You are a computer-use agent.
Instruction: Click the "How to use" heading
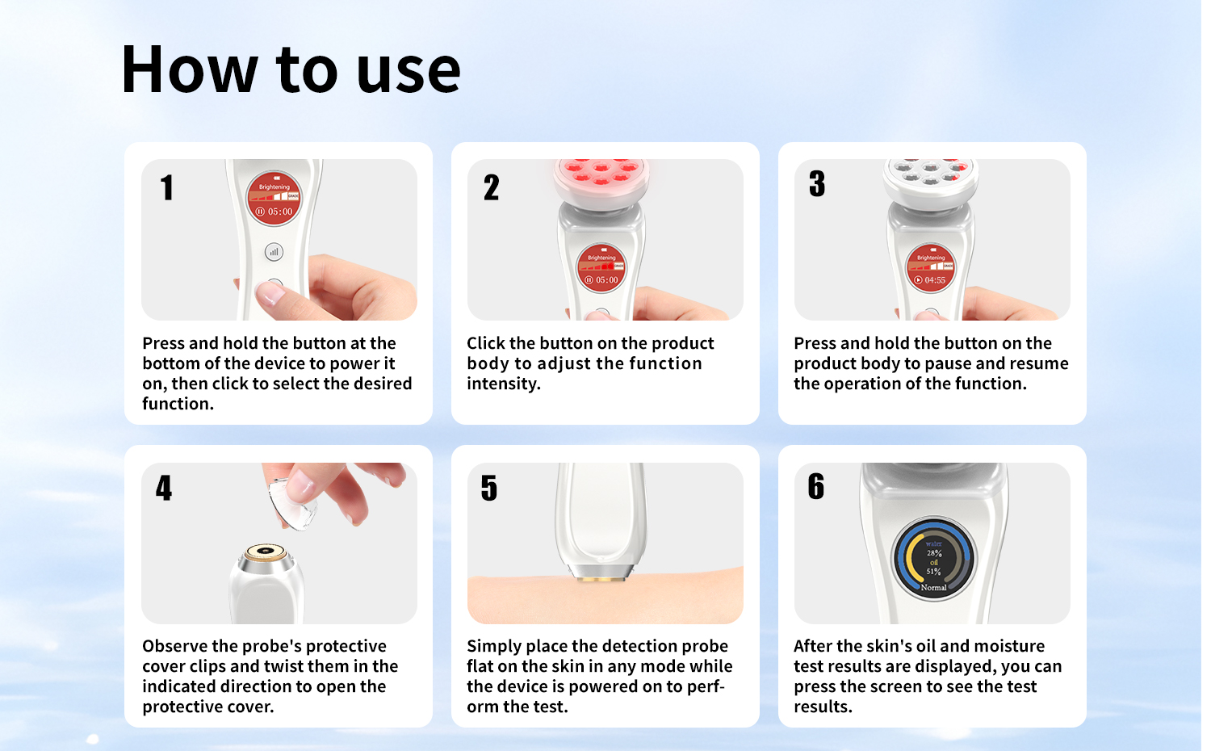291,69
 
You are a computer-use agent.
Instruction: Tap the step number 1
167,187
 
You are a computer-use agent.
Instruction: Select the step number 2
491,187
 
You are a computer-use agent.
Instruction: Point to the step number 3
817,183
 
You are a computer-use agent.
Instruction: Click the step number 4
164,488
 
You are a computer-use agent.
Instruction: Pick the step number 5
488,488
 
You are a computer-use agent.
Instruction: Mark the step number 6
815,486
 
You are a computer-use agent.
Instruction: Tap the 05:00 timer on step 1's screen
280,212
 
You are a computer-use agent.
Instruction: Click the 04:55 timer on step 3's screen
935,280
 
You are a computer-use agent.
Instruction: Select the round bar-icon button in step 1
274,252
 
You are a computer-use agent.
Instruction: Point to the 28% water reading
933,553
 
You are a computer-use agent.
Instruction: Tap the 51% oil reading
933,572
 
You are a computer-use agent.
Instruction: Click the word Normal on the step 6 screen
933,587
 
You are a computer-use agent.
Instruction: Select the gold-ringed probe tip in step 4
265,552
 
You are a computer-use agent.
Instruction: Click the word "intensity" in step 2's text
502,384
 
